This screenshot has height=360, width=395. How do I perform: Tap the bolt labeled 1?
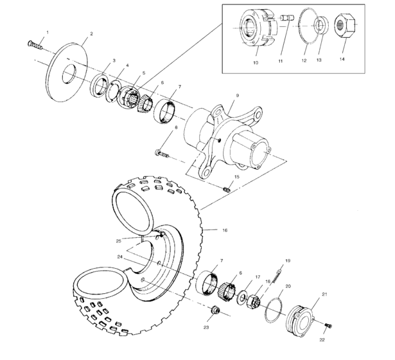(35, 44)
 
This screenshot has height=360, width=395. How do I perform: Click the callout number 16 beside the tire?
(225, 229)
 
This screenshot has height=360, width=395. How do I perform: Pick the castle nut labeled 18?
(252, 299)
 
